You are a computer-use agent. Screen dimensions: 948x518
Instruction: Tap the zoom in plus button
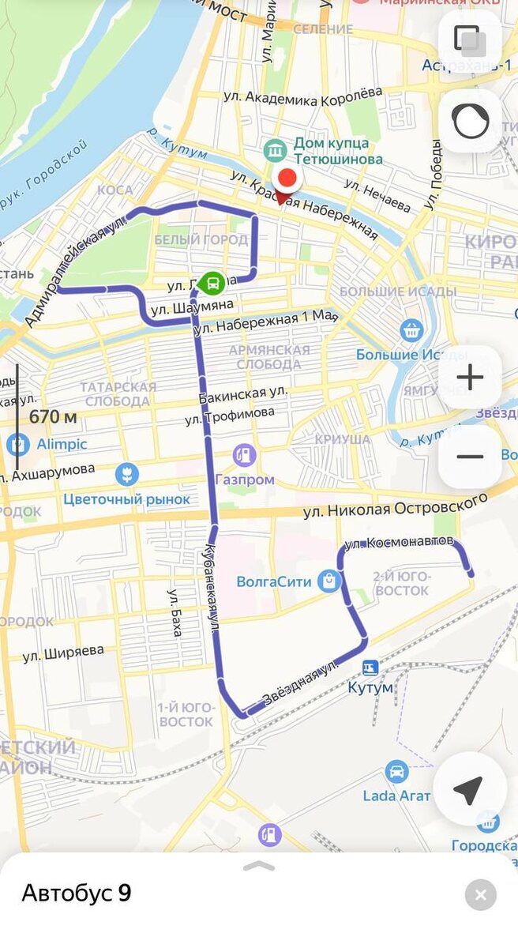[x=470, y=378]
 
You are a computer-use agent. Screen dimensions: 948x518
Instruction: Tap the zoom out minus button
[x=470, y=457]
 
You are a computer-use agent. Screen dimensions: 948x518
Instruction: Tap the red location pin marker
[x=287, y=182]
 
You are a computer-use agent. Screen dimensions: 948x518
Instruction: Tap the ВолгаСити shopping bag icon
[x=328, y=582]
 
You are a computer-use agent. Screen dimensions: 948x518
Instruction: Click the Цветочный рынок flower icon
[x=126, y=475]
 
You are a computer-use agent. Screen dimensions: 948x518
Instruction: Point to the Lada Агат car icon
[x=396, y=772]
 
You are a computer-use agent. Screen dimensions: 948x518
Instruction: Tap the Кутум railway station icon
[x=370, y=668]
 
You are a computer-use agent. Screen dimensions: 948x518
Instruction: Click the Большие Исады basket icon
[x=411, y=330]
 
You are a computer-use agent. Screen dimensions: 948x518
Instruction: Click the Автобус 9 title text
[x=77, y=893]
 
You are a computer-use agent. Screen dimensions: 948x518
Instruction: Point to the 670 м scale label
[x=53, y=416]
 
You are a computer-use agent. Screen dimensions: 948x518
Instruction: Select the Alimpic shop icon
[x=17, y=444]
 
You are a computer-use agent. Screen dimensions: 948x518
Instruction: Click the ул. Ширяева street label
[x=63, y=653]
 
